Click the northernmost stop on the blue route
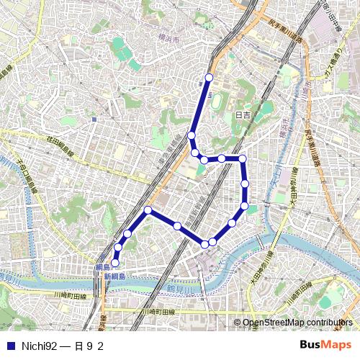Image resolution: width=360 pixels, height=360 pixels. click(210, 77)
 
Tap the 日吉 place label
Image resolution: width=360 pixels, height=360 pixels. click(243, 115)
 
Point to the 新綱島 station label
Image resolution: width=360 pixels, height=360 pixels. click(114, 276)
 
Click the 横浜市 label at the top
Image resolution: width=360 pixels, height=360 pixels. click(171, 40)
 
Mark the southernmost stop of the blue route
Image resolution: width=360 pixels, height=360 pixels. click(115, 264)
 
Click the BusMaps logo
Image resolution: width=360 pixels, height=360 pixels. click(325, 346)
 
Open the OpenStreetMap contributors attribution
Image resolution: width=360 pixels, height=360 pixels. click(297, 323)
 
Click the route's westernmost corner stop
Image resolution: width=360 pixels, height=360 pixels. click(148, 210)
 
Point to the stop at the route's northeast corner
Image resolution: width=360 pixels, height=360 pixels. click(243, 158)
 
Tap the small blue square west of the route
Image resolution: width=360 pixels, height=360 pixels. click(94, 120)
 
